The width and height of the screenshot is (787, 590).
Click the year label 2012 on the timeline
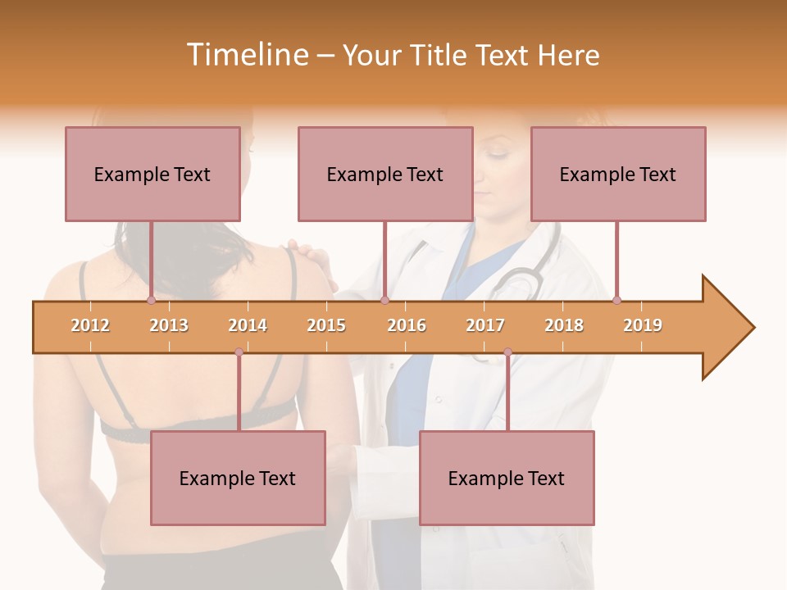point(90,325)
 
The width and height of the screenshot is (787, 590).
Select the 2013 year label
point(169,325)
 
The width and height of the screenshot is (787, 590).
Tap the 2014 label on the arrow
point(248,325)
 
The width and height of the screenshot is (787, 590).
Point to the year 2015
point(326,325)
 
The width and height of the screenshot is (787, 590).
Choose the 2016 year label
point(407,325)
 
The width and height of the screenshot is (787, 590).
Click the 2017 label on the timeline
point(485,325)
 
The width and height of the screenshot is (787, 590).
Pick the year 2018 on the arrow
point(564,325)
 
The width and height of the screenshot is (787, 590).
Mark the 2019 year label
point(643,325)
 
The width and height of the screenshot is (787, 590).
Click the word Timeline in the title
point(246,55)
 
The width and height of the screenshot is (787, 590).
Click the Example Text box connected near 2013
point(152,174)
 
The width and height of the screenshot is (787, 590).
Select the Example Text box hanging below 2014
point(238,478)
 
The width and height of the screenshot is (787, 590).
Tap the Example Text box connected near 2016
point(385,174)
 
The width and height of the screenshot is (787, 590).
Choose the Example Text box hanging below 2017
point(507,478)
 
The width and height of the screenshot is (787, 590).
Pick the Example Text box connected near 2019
point(618,174)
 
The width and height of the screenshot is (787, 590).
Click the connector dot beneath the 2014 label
point(239,352)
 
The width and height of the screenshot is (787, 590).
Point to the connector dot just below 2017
point(507,352)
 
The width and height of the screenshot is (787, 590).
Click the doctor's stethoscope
point(520,279)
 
